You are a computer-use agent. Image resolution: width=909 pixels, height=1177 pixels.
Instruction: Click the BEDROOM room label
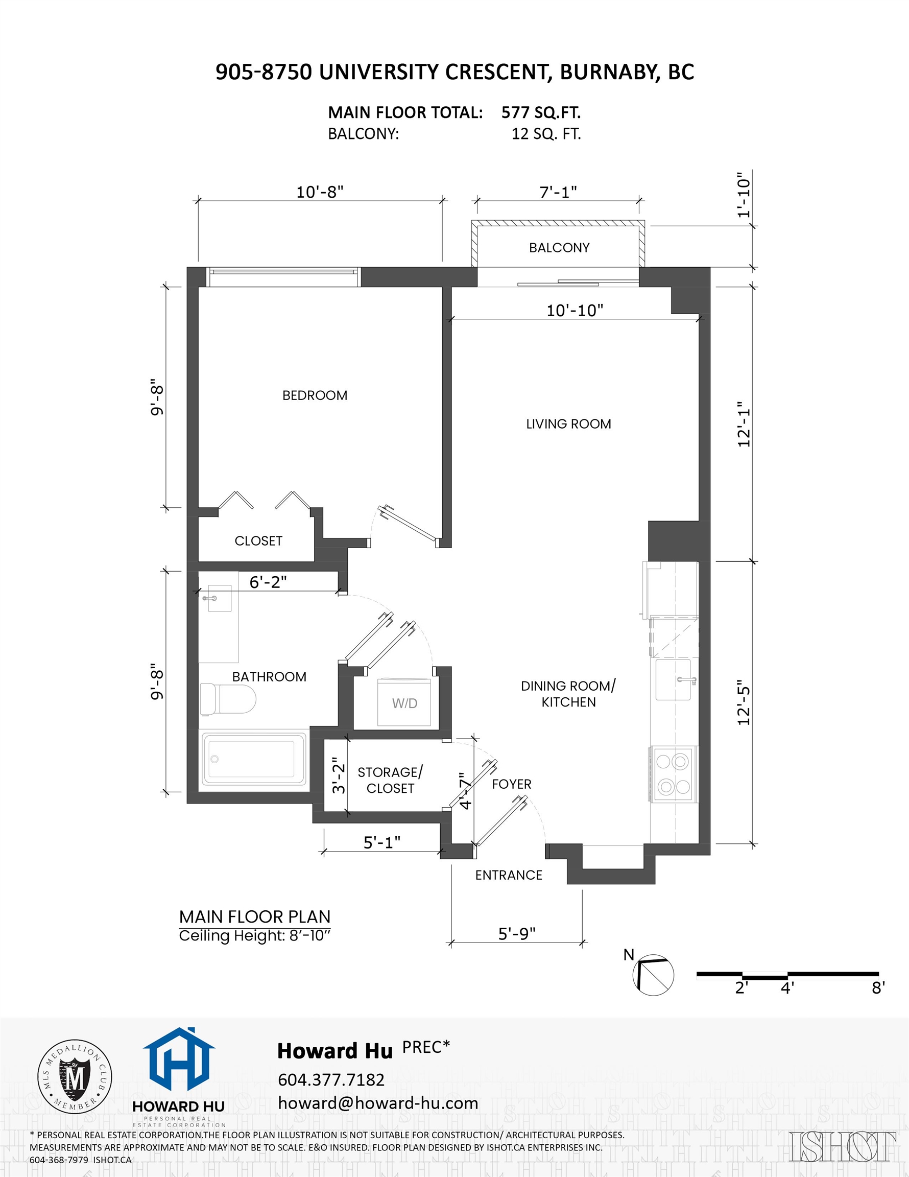(315, 395)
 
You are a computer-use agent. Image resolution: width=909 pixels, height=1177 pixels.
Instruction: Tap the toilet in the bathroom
(227, 699)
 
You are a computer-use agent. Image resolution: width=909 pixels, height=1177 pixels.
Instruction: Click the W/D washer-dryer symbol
(404, 703)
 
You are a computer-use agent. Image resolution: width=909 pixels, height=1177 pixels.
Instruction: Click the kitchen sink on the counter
(673, 679)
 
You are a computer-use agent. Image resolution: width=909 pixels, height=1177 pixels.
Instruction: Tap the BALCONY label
(559, 248)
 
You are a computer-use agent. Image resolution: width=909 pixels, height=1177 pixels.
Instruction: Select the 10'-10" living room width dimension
(575, 311)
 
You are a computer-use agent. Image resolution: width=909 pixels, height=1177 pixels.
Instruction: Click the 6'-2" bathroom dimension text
(268, 582)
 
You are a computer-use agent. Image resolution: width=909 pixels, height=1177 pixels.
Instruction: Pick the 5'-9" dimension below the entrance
(516, 933)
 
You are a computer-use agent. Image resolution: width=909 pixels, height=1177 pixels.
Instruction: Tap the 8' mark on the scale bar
(878, 987)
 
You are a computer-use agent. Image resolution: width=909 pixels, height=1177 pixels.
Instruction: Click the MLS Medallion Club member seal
(75, 1077)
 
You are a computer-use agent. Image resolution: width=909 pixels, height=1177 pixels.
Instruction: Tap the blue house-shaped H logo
(179, 1060)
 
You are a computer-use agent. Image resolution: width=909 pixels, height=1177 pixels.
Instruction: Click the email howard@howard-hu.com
(378, 1103)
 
